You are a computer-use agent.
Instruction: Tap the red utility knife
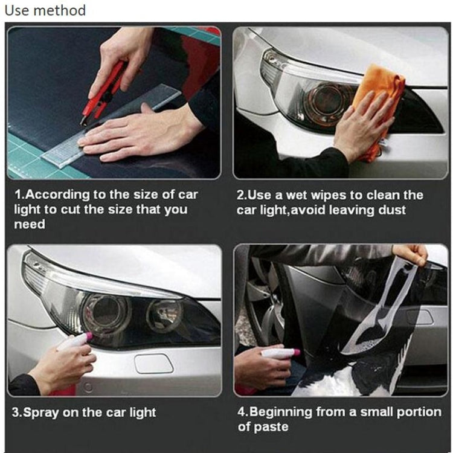(106, 91)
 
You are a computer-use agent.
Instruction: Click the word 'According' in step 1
(59, 195)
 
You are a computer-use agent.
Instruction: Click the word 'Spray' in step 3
(42, 413)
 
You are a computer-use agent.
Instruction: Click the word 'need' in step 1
(29, 225)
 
